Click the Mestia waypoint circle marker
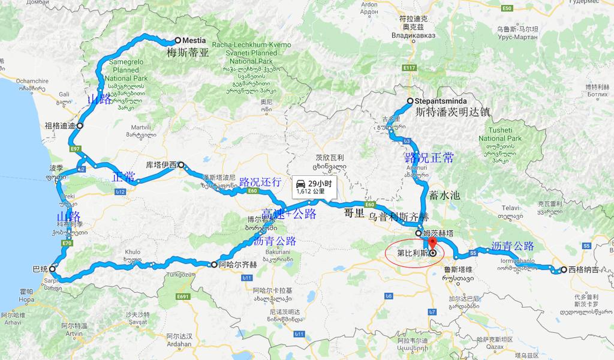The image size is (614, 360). pos(177,41)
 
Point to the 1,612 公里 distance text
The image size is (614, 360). pos(310,191)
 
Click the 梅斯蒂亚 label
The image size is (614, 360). pos(188,53)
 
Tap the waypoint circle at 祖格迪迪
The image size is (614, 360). pos(79,126)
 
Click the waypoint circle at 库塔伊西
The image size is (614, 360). pos(180,164)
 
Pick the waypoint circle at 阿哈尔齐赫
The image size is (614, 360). pos(214,264)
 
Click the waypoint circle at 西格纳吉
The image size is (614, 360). pos(564,270)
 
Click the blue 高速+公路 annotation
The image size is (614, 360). pos(288,214)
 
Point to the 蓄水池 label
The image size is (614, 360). pos(444,196)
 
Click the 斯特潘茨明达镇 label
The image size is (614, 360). pos(453,112)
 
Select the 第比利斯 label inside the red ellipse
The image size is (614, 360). pos(413,253)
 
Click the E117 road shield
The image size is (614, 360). pos(410,68)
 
